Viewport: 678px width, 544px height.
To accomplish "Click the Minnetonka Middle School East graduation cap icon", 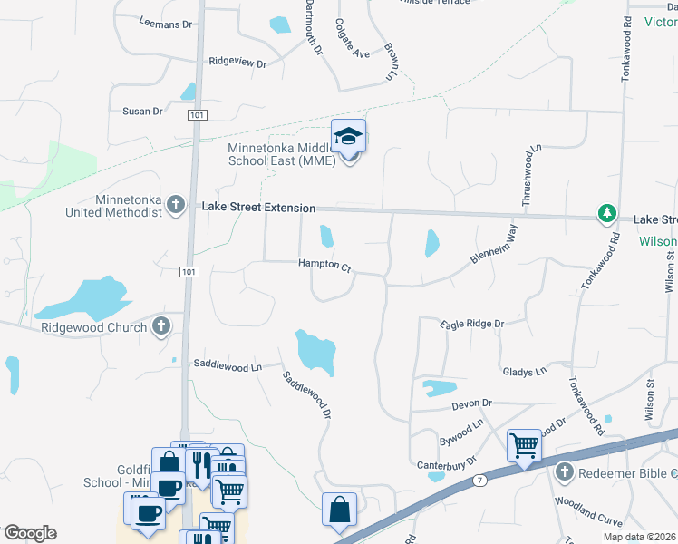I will tap(348, 137).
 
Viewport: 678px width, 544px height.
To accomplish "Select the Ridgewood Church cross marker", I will tap(161, 326).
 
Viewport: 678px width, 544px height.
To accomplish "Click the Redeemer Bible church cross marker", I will tap(564, 472).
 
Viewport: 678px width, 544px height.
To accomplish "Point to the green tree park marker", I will tap(606, 215).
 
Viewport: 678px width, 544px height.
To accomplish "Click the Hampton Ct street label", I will tap(324, 265).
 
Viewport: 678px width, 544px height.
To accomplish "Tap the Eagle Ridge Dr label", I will tap(471, 324).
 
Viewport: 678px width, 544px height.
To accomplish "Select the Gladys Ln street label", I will tap(525, 372).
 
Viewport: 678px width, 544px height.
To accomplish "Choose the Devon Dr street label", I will tap(471, 403).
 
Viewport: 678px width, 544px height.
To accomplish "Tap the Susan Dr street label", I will tap(142, 111).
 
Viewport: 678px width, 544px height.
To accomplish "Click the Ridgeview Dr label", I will tap(237, 63).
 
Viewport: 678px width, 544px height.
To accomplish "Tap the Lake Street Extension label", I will tap(258, 208).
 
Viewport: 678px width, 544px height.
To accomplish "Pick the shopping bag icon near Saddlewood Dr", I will tap(339, 510).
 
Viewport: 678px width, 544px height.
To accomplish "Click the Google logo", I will tap(30, 533).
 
